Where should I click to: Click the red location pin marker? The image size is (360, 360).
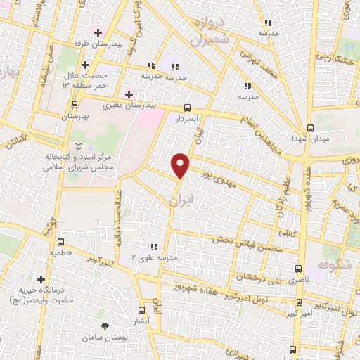tap(181, 165)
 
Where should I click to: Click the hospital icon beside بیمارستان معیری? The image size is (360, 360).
tap(129, 94)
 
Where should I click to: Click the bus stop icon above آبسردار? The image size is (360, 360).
tap(188, 108)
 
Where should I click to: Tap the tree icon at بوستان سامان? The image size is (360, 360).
tap(105, 326)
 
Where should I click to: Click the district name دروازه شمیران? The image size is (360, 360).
tap(210, 32)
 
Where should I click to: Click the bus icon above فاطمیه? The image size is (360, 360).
tap(60, 240)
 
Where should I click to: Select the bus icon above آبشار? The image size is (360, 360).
tap(142, 309)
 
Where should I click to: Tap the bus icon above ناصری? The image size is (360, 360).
tap(299, 269)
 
